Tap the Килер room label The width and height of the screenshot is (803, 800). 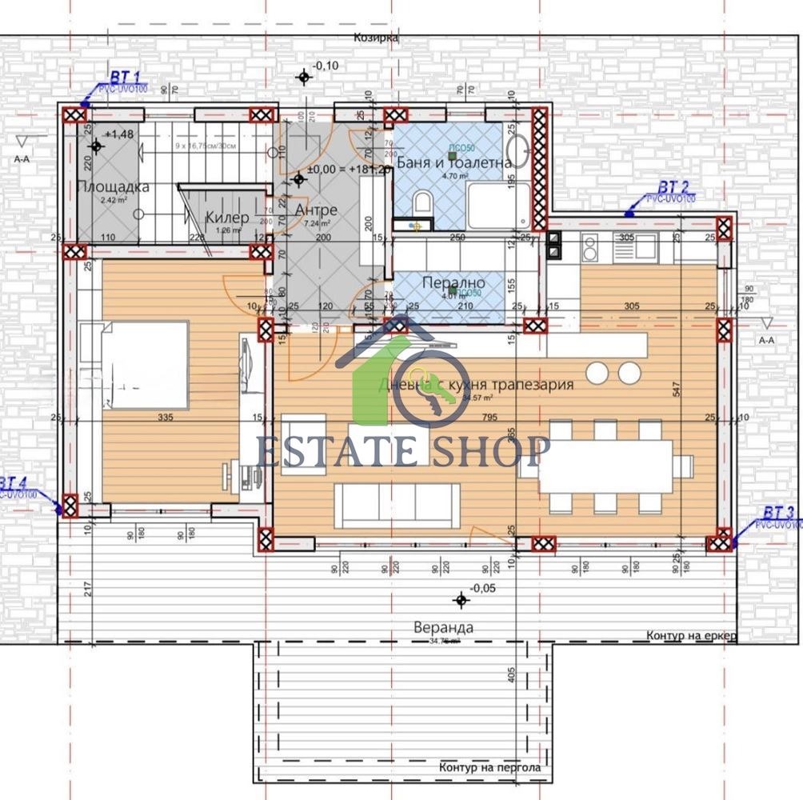click(227, 217)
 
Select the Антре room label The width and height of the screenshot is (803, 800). click(316, 210)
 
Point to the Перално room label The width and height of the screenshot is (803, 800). click(455, 283)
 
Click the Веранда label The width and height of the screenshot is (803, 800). click(443, 627)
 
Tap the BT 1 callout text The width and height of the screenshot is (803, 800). click(124, 78)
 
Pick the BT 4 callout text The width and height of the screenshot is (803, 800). click(14, 483)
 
